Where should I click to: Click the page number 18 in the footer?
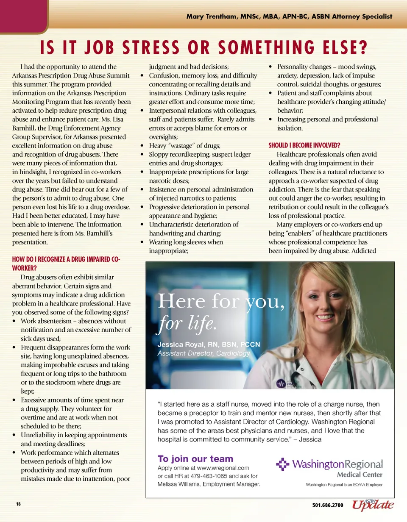tap(18, 504)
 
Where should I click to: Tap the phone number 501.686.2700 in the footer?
tap(328, 505)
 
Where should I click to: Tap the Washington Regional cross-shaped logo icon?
tap(282, 464)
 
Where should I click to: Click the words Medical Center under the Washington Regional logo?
tap(360, 475)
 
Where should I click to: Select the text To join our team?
tap(195, 458)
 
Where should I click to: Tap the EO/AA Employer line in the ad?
tap(344, 485)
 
